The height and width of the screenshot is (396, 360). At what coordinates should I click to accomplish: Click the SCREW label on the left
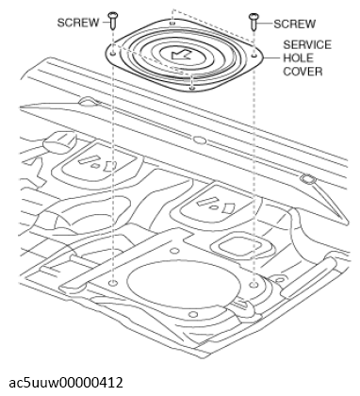(x=78, y=23)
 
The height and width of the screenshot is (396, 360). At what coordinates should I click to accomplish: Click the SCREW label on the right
(x=294, y=24)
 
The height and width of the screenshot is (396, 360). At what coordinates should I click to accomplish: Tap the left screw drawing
(x=112, y=21)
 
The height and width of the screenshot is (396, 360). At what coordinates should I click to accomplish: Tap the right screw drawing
(x=254, y=22)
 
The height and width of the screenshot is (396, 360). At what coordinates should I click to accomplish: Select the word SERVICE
(x=307, y=44)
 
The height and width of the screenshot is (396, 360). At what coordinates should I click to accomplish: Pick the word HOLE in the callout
(x=299, y=58)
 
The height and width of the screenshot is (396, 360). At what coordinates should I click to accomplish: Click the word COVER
(x=303, y=72)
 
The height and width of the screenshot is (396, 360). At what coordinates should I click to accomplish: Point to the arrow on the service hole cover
(x=181, y=55)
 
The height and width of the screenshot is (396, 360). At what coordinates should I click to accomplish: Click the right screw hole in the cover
(x=254, y=56)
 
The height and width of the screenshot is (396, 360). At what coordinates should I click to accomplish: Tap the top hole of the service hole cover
(x=172, y=23)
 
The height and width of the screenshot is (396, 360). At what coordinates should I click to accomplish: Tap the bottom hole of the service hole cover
(x=192, y=88)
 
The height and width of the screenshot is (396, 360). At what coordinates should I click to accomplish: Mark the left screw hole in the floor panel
(x=113, y=284)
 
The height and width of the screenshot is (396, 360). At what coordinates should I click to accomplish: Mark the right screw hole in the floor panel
(x=254, y=285)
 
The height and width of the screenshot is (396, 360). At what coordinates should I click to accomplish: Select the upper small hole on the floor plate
(x=174, y=251)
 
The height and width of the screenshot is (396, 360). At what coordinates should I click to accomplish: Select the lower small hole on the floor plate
(x=194, y=314)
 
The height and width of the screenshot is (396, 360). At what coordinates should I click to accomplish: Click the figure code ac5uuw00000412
(x=66, y=383)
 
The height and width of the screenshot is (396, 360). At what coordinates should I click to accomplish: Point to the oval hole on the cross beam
(x=199, y=140)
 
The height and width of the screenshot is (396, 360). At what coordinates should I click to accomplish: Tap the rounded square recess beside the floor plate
(x=241, y=246)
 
